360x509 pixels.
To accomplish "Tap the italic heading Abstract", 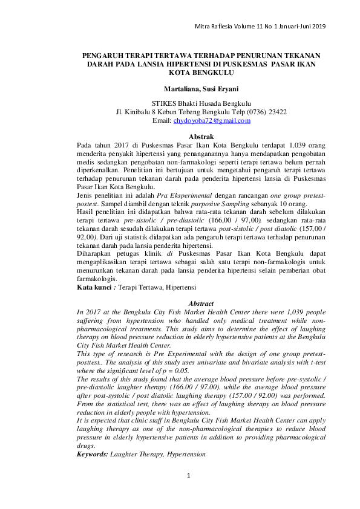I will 202,302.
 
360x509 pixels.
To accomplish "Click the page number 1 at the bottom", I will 188,476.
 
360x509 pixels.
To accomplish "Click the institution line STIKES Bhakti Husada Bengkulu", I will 201,103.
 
